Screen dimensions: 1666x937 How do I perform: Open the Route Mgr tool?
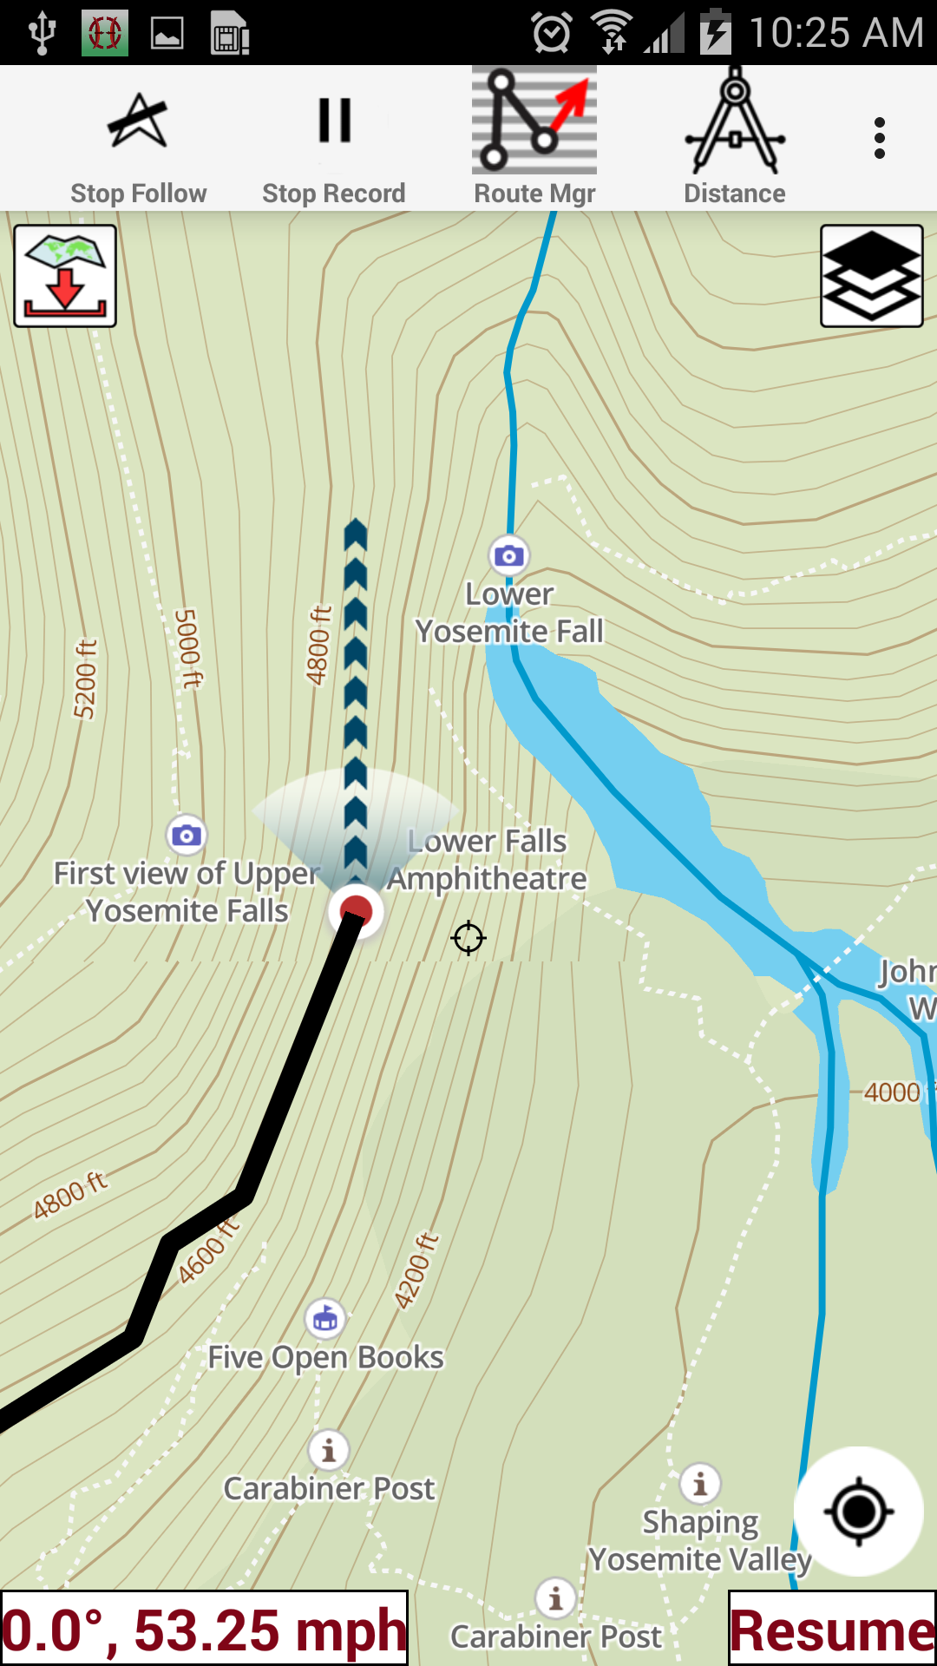(x=534, y=139)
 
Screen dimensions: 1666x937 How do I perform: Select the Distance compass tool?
(x=735, y=139)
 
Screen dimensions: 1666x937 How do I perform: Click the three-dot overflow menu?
(x=880, y=139)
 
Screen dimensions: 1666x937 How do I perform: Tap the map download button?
(x=65, y=276)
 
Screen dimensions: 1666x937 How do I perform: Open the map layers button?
(x=871, y=276)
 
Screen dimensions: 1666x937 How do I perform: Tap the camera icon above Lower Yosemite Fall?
(x=509, y=555)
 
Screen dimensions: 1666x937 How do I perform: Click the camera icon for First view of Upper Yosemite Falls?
(x=187, y=836)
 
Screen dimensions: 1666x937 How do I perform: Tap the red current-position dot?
(x=356, y=910)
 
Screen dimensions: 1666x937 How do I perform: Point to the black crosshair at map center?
(x=468, y=938)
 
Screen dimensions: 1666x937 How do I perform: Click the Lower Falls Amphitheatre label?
(x=488, y=860)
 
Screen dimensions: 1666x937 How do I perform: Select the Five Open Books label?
(x=326, y=1357)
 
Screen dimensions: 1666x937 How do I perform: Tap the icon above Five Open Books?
(x=325, y=1320)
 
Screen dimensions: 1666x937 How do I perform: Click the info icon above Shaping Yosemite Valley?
(x=700, y=1484)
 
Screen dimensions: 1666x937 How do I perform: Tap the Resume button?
(x=832, y=1629)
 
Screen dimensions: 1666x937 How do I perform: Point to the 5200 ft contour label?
(x=85, y=679)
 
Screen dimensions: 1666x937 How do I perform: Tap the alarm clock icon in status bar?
(x=552, y=33)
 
